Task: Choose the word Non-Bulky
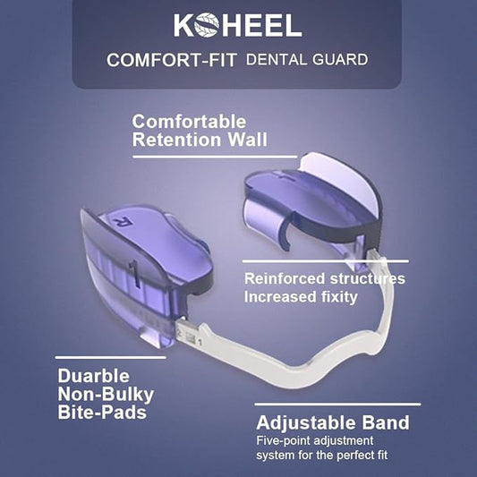pos(106,395)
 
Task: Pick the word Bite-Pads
pos(102,413)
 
